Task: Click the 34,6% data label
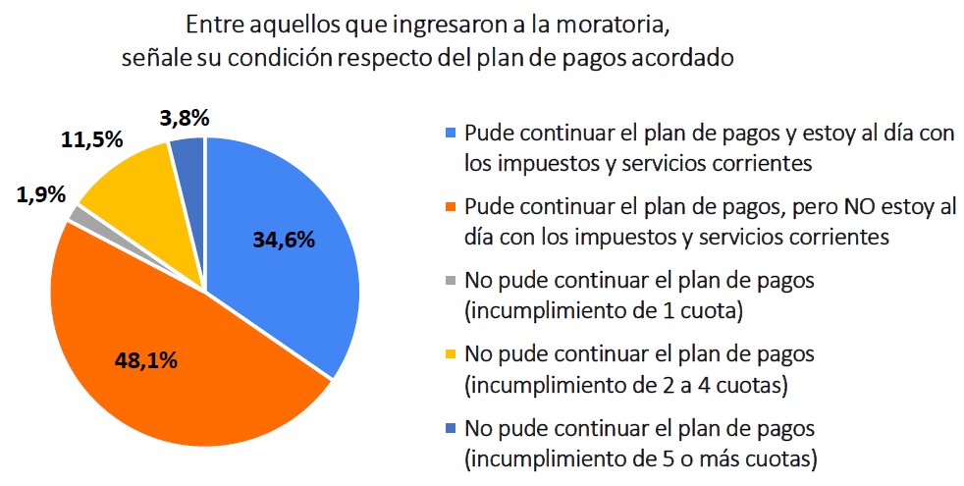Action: tap(285, 240)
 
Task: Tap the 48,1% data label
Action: tap(145, 360)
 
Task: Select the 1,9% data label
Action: tap(40, 194)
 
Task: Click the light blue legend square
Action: tap(451, 133)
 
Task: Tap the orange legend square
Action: tap(451, 207)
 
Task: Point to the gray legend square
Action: tap(451, 281)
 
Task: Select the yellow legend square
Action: tap(451, 353)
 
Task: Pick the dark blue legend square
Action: tap(451, 428)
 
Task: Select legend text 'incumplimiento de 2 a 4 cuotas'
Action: tap(625, 384)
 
